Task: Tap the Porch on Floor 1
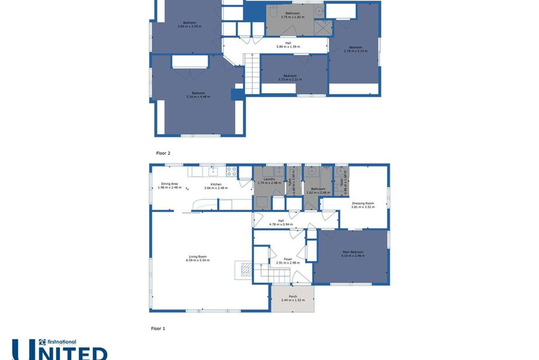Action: (293, 298)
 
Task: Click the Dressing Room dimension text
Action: (363, 207)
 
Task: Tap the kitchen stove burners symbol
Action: (231, 171)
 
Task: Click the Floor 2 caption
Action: (163, 153)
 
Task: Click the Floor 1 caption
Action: (158, 328)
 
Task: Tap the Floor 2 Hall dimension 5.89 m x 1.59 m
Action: (288, 47)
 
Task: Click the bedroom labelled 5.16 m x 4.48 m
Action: (198, 95)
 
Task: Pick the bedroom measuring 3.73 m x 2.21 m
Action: (290, 78)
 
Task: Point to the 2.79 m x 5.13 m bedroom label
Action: (355, 49)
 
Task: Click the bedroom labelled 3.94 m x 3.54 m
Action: (189, 24)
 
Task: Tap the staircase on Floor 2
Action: (252, 74)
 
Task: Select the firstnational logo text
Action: (61, 342)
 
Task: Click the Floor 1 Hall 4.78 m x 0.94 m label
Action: (281, 223)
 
